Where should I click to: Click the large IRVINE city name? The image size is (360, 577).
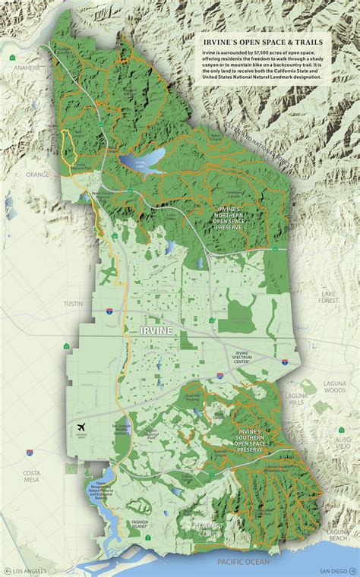click(156, 331)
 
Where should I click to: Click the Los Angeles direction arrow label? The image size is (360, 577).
click(24, 570)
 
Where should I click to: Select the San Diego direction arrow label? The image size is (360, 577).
click(334, 570)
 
